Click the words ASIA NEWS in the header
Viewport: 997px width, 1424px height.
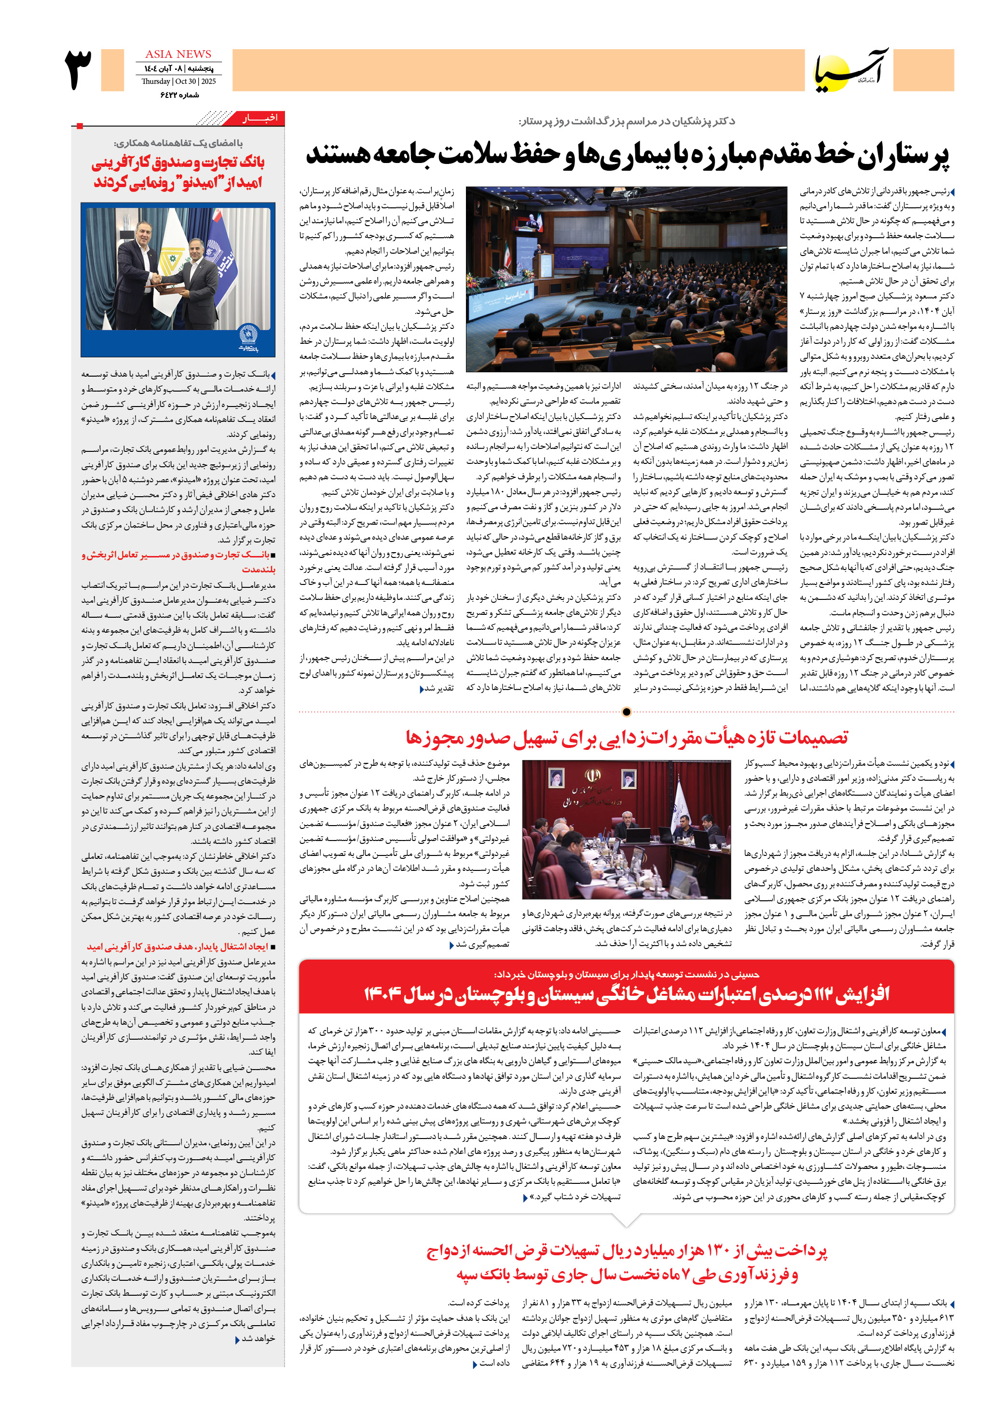click(x=178, y=54)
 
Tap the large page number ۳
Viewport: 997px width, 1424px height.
click(x=78, y=69)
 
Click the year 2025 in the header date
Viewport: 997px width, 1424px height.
click(x=208, y=81)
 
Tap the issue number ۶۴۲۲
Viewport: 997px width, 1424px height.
click(x=170, y=95)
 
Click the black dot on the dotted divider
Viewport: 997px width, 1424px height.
click(x=626, y=712)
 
